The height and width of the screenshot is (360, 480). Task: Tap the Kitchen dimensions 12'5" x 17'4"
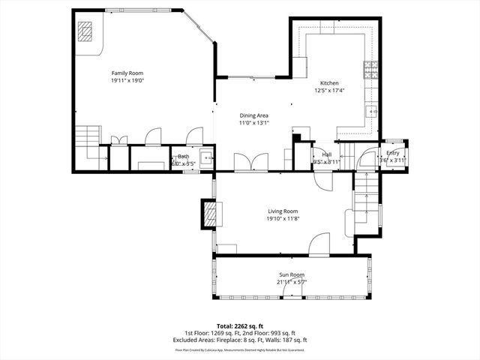click(330, 91)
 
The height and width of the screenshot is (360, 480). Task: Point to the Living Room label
click(283, 211)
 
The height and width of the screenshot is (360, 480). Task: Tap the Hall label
click(327, 154)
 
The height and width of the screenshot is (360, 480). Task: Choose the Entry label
click(393, 153)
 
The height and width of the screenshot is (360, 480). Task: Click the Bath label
click(184, 156)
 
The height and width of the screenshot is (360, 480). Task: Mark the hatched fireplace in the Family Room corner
click(88, 32)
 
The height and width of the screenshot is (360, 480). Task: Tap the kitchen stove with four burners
click(370, 70)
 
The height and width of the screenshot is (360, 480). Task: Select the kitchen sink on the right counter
click(370, 112)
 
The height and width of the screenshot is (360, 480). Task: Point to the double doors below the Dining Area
click(250, 162)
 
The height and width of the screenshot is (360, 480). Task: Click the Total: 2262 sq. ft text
click(239, 327)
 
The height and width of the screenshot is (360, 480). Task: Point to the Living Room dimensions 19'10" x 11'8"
click(283, 219)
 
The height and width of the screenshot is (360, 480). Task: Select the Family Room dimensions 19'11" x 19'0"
click(127, 79)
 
